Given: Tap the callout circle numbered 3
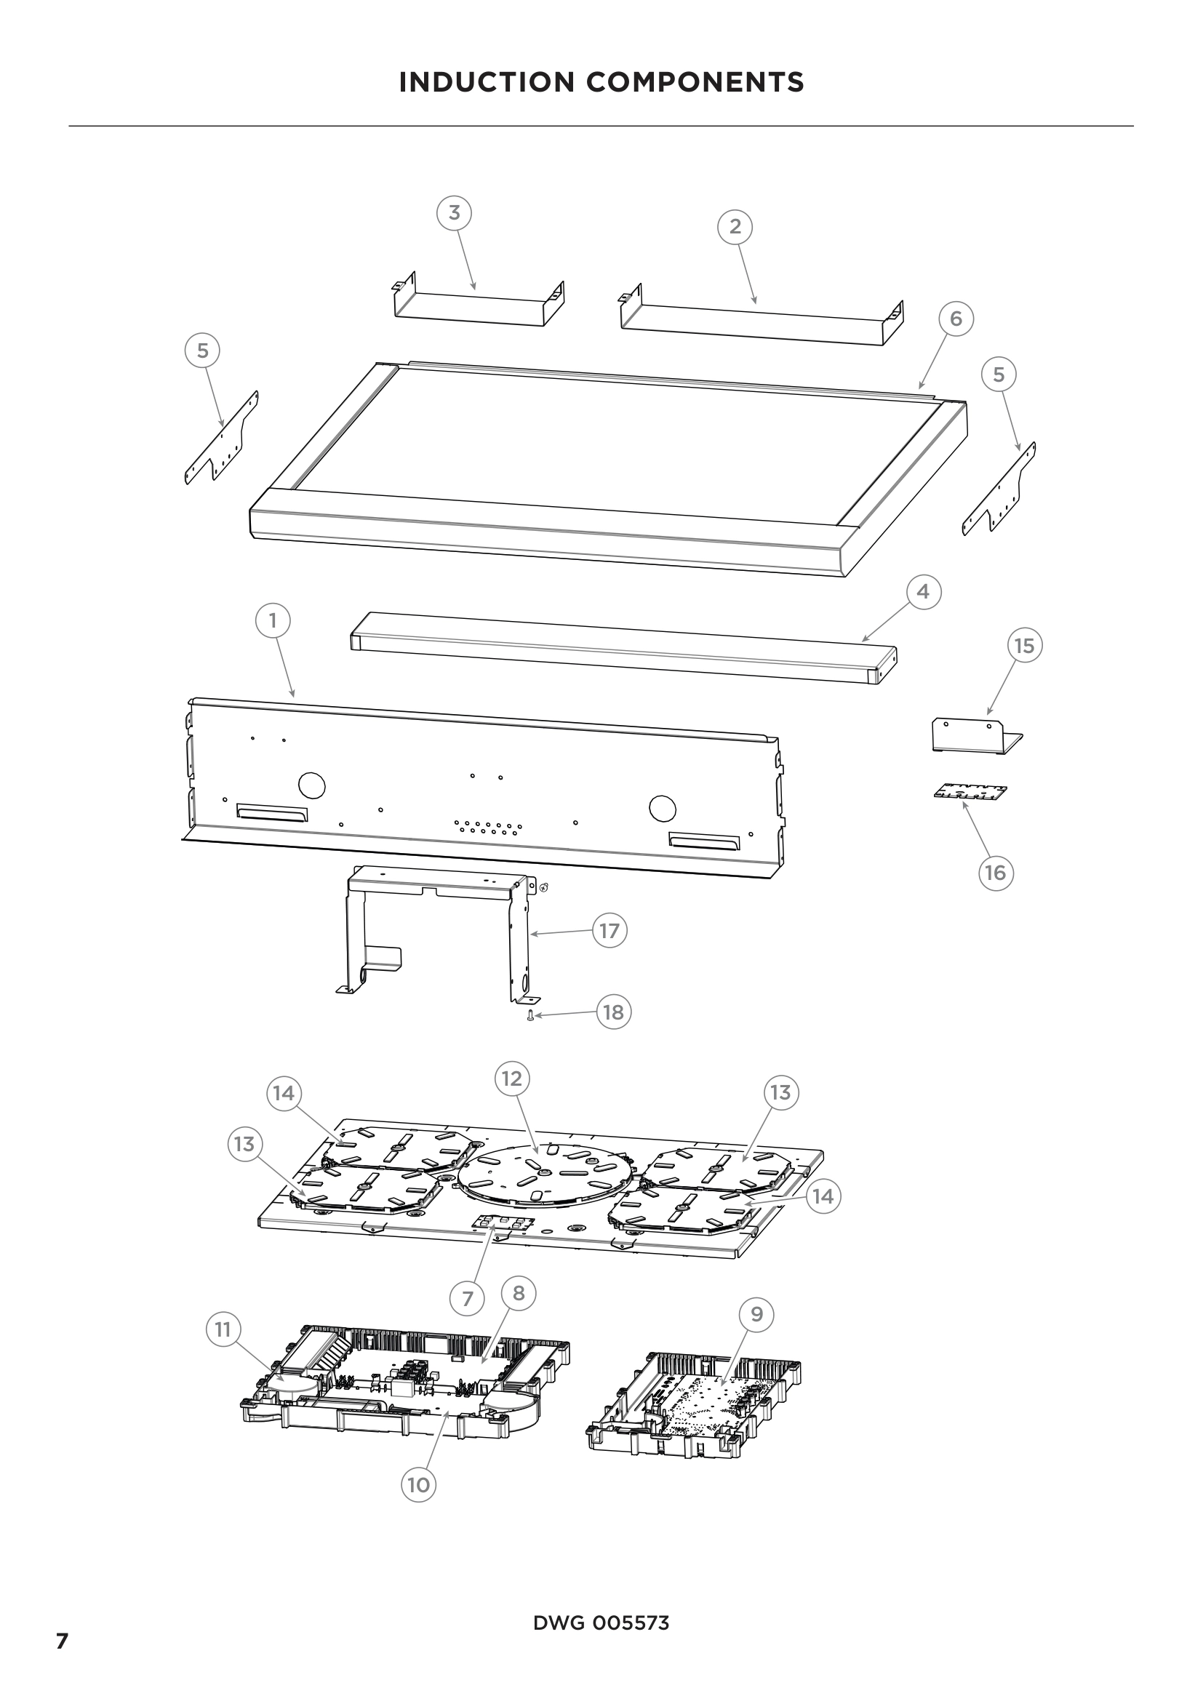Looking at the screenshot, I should (454, 212).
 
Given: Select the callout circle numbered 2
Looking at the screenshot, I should (735, 226).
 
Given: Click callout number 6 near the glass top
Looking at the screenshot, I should (956, 319).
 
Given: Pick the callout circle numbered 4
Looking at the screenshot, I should (923, 592).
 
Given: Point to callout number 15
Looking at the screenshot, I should (1024, 646).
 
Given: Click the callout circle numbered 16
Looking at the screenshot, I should (995, 873).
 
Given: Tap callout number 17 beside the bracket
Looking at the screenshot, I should (609, 931).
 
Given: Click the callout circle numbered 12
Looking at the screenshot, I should (512, 1078).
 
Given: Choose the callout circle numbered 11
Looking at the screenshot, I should (223, 1330).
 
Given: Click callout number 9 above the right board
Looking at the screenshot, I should (756, 1314).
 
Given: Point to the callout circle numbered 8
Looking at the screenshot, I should (518, 1293).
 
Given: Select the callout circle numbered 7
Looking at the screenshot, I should (467, 1299).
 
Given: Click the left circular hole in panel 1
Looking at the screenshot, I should (312, 785).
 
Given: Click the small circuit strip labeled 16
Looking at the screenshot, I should (970, 793).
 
